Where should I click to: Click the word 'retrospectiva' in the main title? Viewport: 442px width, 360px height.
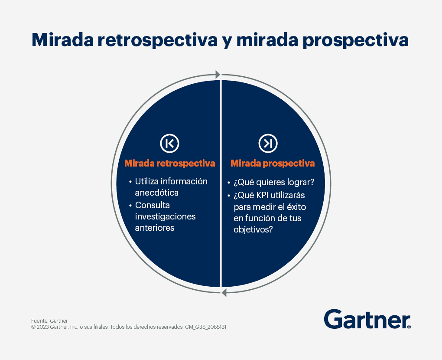pos(158,40)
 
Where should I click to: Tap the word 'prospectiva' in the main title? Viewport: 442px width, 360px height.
pos(355,40)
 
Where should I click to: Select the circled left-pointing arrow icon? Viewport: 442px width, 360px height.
pos(169,143)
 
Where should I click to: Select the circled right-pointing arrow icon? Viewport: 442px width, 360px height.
pos(268,143)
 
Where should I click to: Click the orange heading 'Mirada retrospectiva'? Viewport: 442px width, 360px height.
pos(170,164)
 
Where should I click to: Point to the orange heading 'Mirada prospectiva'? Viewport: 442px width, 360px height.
pos(273,164)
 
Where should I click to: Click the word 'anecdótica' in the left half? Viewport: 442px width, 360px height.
pos(157,193)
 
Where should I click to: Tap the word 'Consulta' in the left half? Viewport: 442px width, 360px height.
pos(152,205)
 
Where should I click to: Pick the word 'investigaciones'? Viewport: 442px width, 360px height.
pos(165,217)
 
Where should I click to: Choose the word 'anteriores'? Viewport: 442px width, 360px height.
pos(154,228)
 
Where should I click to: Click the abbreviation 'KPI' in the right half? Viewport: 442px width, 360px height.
pos(262,195)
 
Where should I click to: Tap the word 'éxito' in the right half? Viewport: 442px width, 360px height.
pos(296,207)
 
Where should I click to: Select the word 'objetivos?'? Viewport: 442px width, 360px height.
pos(253,229)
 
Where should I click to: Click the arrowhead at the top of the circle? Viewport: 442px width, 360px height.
pos(218,75)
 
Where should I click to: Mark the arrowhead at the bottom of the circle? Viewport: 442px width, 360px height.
pos(224,293)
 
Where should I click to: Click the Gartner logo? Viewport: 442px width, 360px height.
pos(367,319)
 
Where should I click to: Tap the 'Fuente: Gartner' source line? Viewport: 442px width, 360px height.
pos(49,321)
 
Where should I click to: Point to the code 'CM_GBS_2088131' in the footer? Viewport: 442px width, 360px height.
pos(206,327)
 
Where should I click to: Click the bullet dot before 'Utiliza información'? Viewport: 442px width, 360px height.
pos(130,182)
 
